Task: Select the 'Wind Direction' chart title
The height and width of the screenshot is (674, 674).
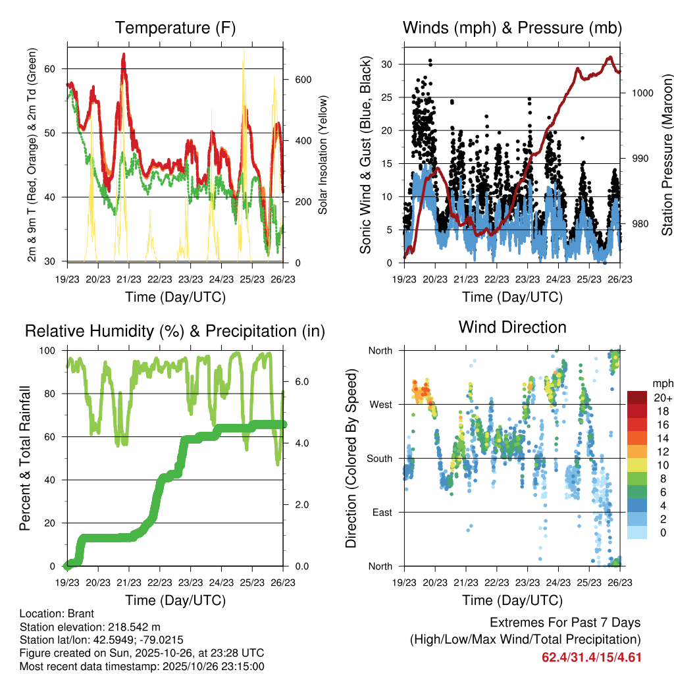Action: click(512, 327)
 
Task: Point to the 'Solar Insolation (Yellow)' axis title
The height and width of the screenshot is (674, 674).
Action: click(323, 155)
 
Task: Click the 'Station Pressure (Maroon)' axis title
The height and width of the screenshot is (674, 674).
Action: click(667, 155)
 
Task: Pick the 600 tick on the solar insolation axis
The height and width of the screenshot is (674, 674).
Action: click(301, 80)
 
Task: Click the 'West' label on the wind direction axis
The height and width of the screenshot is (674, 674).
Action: click(380, 405)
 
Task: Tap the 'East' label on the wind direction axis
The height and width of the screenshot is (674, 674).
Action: click(381, 512)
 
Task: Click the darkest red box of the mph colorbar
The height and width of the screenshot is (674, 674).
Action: click(638, 398)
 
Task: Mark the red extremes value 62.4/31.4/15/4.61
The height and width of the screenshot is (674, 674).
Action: click(591, 658)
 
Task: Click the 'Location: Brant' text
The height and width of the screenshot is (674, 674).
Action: click(57, 613)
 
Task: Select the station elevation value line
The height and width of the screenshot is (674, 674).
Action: click(90, 627)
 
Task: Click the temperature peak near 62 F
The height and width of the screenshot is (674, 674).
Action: click(123, 55)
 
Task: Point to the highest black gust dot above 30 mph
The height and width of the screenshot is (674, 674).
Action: click(430, 61)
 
